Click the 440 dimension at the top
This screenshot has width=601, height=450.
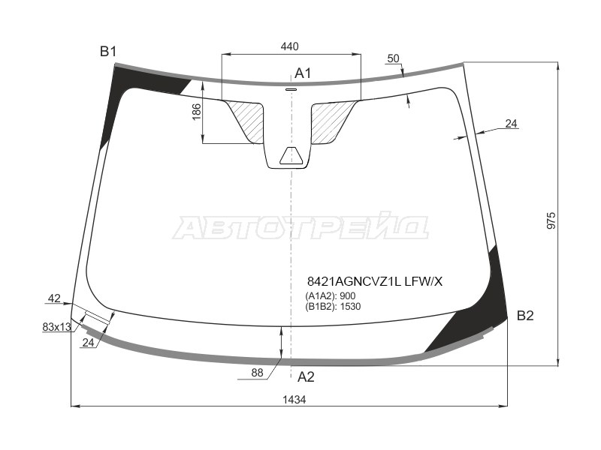(289, 46)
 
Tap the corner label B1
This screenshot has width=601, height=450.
(108, 51)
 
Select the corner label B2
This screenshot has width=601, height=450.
(525, 316)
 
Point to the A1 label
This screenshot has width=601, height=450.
(303, 73)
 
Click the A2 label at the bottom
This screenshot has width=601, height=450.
(306, 377)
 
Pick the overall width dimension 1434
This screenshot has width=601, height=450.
(294, 400)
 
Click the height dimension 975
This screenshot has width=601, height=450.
(551, 220)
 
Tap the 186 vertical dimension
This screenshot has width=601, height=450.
(197, 112)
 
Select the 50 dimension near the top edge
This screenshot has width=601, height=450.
(393, 58)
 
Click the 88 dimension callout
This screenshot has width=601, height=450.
(257, 372)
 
